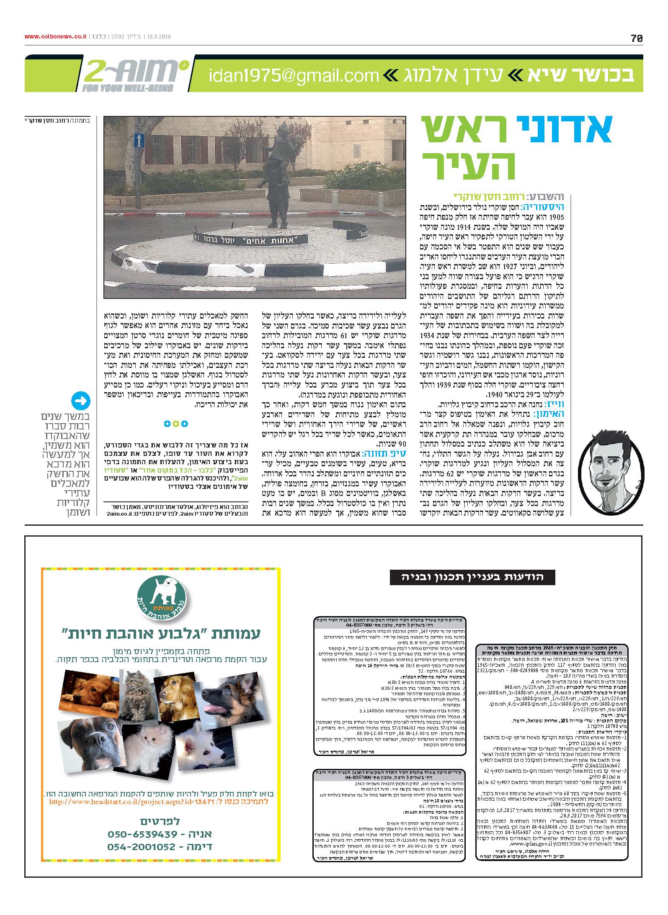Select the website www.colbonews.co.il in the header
[55, 37]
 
